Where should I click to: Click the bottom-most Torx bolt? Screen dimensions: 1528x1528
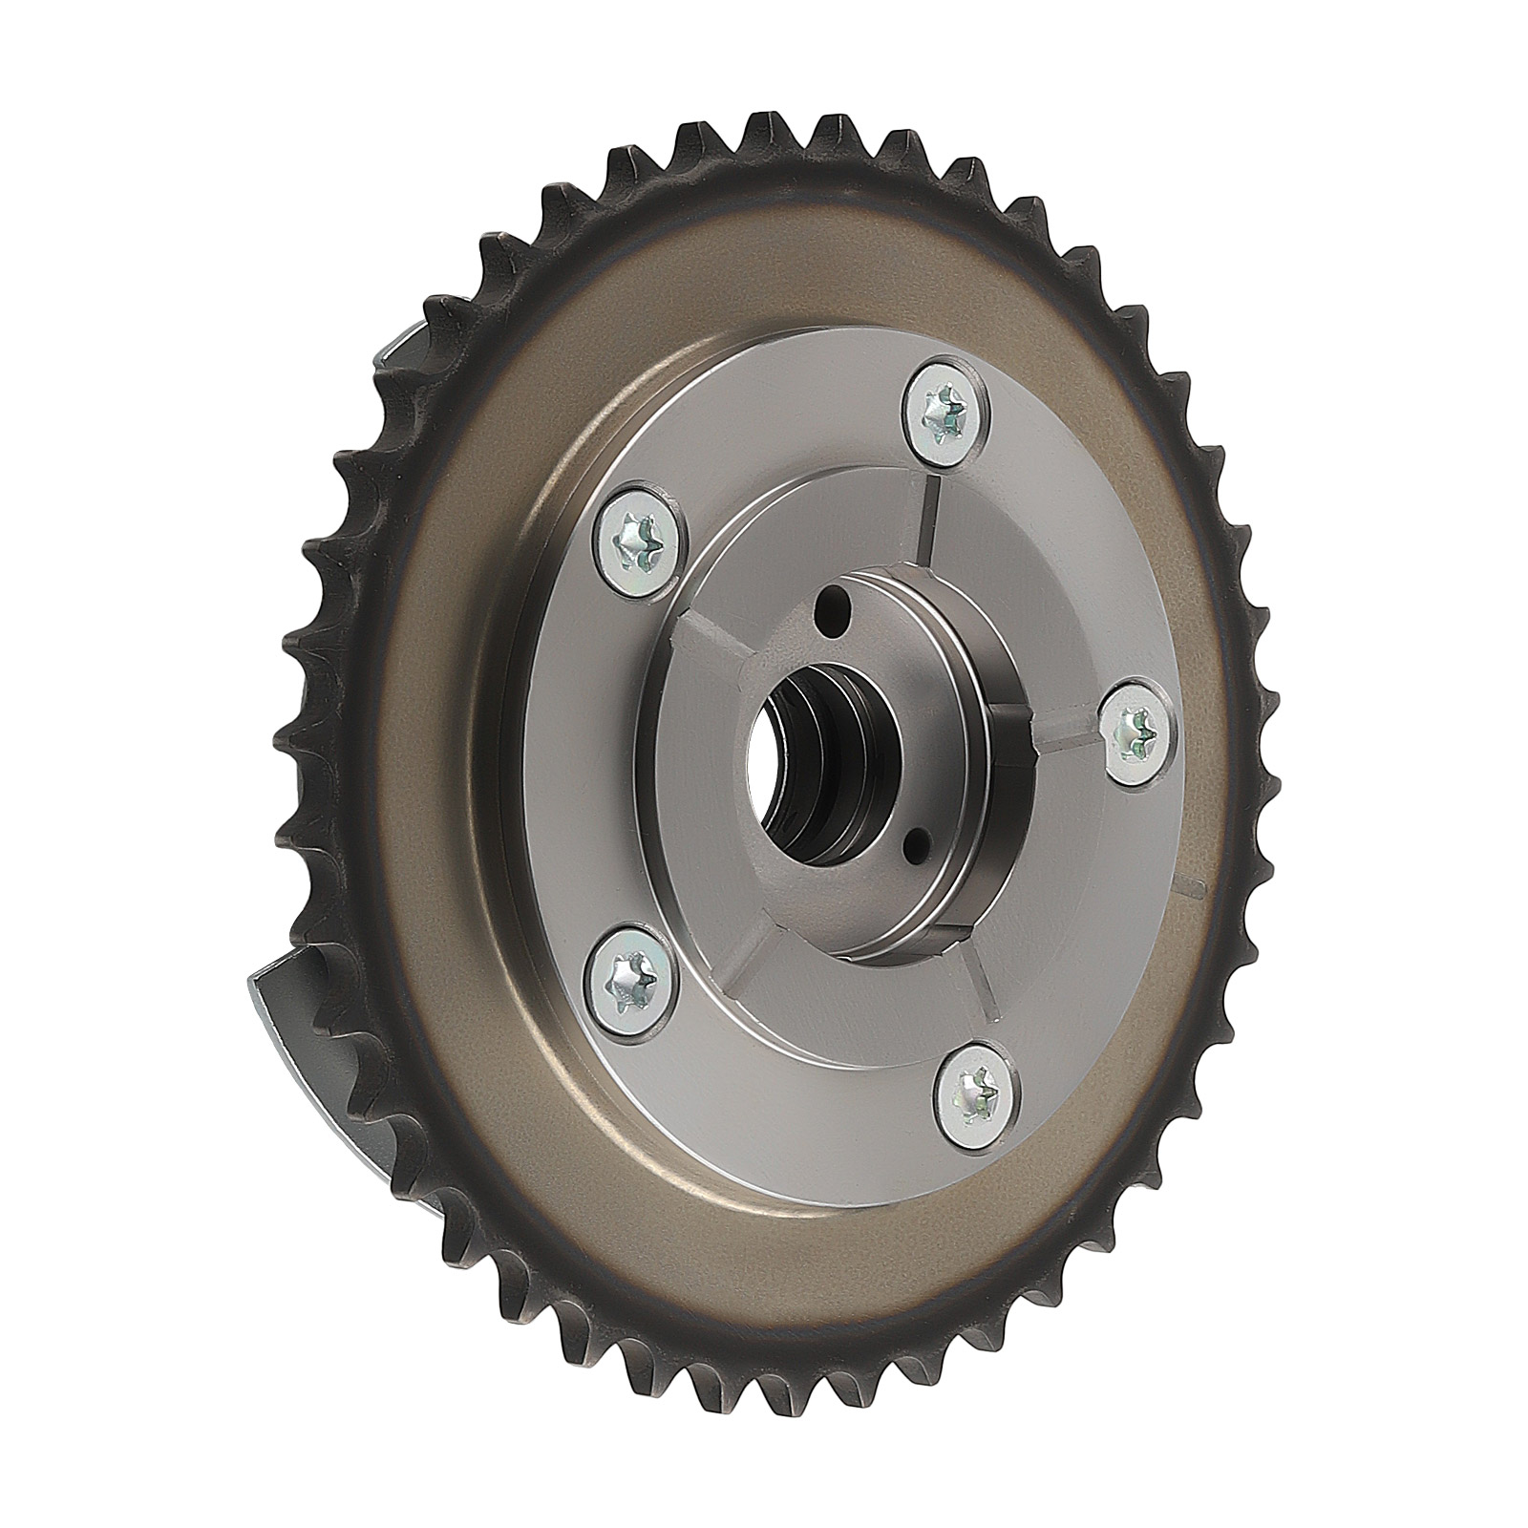[x=977, y=1090]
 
